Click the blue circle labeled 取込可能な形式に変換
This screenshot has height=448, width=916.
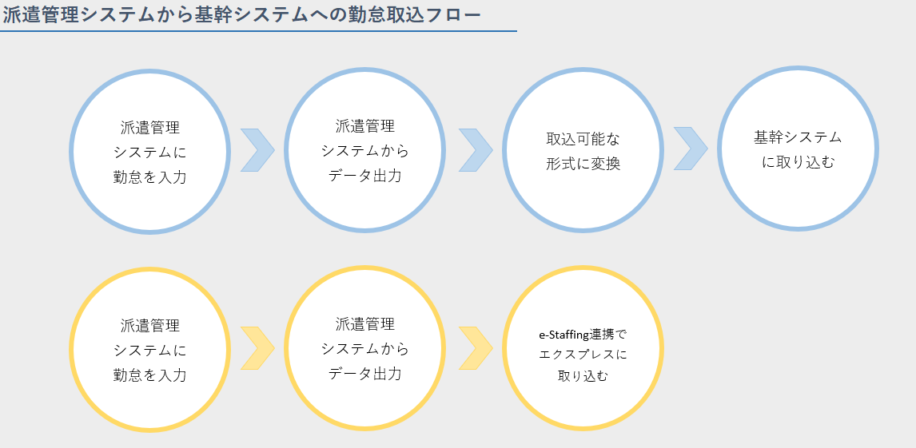[x=583, y=150]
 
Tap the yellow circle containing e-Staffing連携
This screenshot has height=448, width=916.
[x=583, y=349]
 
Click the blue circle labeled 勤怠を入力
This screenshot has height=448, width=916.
[x=150, y=151]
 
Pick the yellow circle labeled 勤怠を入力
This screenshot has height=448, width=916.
[x=150, y=350]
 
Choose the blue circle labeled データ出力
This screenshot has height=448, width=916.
[x=364, y=150]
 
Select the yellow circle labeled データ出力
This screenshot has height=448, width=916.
[x=364, y=349]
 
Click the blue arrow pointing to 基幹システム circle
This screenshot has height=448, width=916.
[x=691, y=149]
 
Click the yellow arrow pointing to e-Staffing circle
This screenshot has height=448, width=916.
[x=476, y=348]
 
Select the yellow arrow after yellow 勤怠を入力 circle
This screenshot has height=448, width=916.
[x=257, y=348]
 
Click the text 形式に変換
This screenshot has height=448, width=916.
[x=583, y=164]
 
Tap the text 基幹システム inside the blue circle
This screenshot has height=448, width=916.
[x=798, y=137]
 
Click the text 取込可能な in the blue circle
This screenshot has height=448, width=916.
[x=583, y=139]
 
